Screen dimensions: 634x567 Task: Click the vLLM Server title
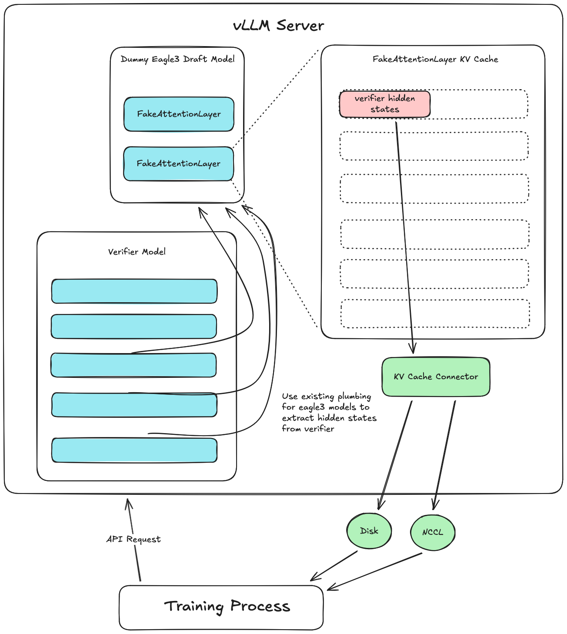(x=278, y=26)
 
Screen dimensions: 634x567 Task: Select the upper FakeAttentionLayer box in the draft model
(x=179, y=114)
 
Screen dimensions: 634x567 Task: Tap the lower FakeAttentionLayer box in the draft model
(x=178, y=164)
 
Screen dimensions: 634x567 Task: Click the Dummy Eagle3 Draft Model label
(x=177, y=59)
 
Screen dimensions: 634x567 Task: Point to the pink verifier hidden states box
(x=385, y=104)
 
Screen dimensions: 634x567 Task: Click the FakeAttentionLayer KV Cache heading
(x=435, y=59)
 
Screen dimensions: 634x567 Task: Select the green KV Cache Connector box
(x=436, y=377)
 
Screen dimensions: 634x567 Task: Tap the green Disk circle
(x=369, y=531)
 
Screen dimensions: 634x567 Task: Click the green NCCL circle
(x=433, y=532)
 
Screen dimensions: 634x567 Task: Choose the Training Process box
(x=221, y=607)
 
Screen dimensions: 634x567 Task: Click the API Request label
(x=133, y=539)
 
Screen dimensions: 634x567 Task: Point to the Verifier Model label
(x=137, y=252)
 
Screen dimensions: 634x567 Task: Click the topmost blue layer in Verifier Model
(x=134, y=291)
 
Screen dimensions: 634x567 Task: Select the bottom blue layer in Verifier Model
(x=134, y=450)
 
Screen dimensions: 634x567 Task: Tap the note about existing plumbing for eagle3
(x=329, y=412)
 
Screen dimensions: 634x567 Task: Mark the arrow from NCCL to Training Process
(x=375, y=571)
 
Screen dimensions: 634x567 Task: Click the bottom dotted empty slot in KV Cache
(x=435, y=314)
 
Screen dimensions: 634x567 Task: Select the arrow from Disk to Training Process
(x=334, y=566)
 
